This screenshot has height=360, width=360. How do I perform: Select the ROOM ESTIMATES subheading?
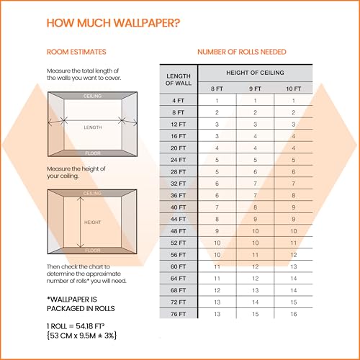click(x=76, y=52)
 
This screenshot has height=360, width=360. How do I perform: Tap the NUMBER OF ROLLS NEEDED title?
click(x=241, y=52)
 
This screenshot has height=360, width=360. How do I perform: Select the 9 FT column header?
click(x=255, y=89)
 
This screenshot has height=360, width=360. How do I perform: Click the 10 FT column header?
click(x=293, y=89)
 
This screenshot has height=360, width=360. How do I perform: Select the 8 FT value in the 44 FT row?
click(x=217, y=218)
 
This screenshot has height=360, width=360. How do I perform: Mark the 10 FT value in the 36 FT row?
click(x=293, y=194)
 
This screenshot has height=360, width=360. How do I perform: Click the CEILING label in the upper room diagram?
click(x=92, y=95)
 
